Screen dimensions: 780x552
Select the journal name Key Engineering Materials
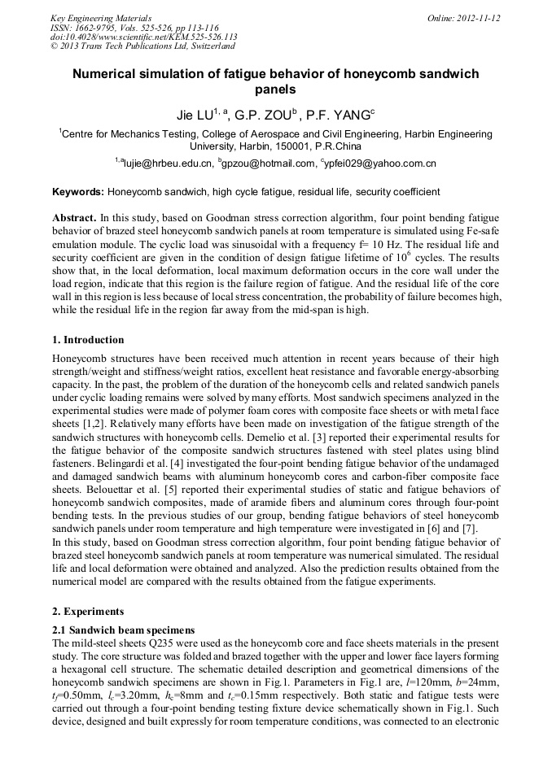tap(100, 18)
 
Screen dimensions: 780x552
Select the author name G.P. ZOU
tap(263, 115)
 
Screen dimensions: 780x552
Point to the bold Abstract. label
tap(74, 219)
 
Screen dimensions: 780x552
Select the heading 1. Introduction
tap(88, 340)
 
